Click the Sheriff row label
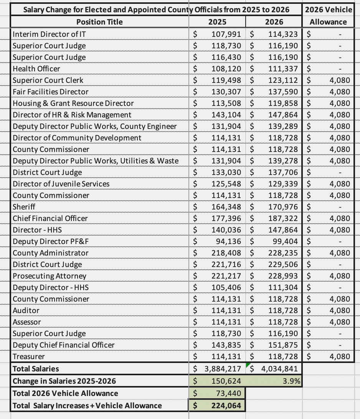pos(24,207)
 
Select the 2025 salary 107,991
pos(226,34)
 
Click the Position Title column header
pos(99,22)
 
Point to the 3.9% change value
pos(291,381)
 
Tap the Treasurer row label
pos(29,356)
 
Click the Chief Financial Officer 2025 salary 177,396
pos(226,218)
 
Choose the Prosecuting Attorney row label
pos(50,276)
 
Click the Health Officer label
pos(36,69)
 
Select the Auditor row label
pos(26,310)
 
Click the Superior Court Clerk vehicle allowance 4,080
pos(340,80)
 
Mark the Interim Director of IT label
pos(49,34)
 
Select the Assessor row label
pos(27,322)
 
